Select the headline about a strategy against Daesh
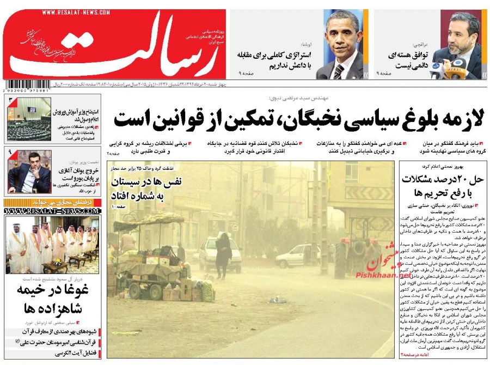pyautogui.click(x=274, y=59)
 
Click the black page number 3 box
pyautogui.click(x=11, y=100)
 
